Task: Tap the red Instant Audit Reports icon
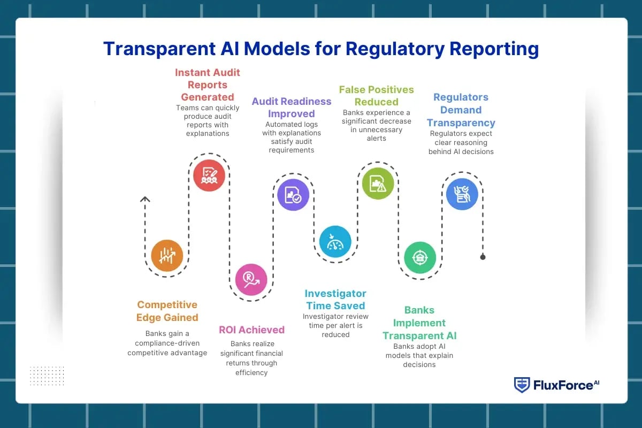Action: pyautogui.click(x=209, y=175)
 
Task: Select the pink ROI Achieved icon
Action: pyautogui.click(x=251, y=280)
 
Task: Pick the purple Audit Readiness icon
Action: pyautogui.click(x=293, y=194)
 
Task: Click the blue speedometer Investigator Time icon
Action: pyautogui.click(x=335, y=242)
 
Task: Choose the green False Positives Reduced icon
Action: pyautogui.click(x=378, y=184)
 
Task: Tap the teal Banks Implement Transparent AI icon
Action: pyautogui.click(x=419, y=258)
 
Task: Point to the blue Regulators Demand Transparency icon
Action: pyautogui.click(x=462, y=194)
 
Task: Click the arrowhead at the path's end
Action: pyautogui.click(x=144, y=199)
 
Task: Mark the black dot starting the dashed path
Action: pyautogui.click(x=483, y=257)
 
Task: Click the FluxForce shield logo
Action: pyautogui.click(x=522, y=385)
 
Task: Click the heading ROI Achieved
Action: pyautogui.click(x=251, y=330)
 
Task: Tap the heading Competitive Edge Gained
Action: pyautogui.click(x=167, y=311)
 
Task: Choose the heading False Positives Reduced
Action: pyautogui.click(x=376, y=96)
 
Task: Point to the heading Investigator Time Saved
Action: pyautogui.click(x=335, y=300)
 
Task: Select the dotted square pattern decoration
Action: pyautogui.click(x=47, y=376)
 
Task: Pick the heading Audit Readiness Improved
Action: pyautogui.click(x=292, y=107)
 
